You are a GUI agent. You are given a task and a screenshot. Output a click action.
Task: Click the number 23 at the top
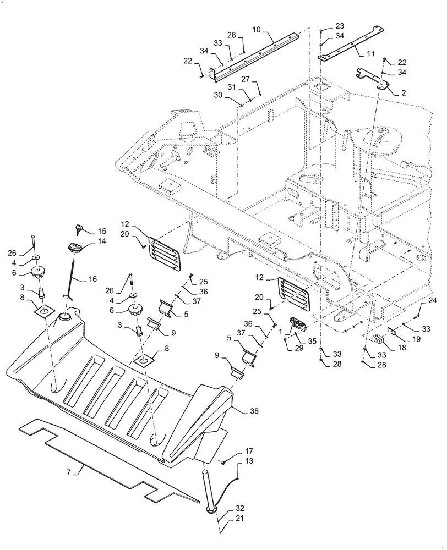tap(339, 25)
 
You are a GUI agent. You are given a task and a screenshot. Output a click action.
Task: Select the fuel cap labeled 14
tap(75, 248)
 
